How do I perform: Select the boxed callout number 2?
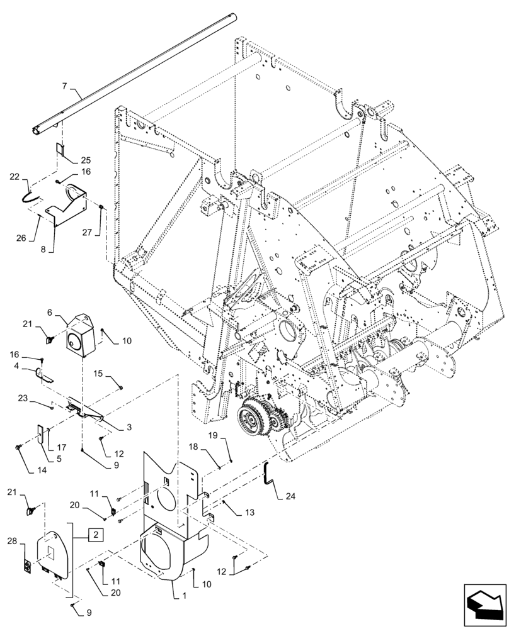(x=95, y=535)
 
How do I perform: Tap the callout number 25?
(x=85, y=160)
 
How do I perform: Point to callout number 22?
(x=15, y=179)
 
